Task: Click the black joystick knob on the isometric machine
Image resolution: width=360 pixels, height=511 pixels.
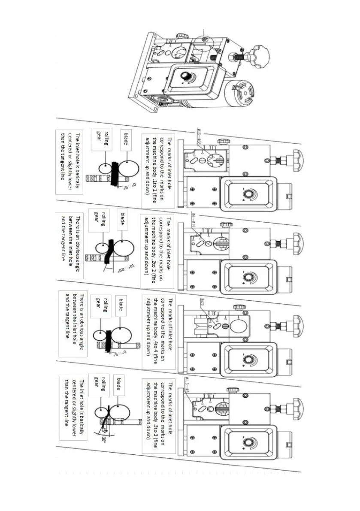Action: coord(186,78)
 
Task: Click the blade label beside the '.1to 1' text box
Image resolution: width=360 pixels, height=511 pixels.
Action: coord(125,139)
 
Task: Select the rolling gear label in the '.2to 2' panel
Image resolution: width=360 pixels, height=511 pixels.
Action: coord(100,216)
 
